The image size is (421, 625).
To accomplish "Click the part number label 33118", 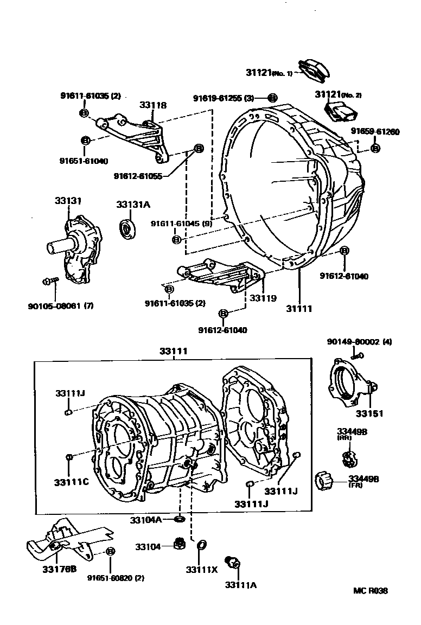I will point(152,105).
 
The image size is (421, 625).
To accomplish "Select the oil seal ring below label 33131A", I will point(129,228).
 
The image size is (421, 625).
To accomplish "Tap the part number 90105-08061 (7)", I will point(60,305).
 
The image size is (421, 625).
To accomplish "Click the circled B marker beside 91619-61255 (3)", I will point(272,98).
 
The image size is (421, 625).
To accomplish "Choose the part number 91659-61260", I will point(375,131).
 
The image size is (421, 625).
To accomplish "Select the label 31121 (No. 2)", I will point(338,94).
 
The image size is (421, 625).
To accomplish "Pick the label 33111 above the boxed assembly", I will point(173,352).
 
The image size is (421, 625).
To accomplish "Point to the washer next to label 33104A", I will point(179,520).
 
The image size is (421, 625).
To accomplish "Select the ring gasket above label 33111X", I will point(201,545).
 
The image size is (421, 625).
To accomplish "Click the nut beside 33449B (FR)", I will point(323,480).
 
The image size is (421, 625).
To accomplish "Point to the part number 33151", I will point(369,413).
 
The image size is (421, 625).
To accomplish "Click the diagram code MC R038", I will point(371,591).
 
